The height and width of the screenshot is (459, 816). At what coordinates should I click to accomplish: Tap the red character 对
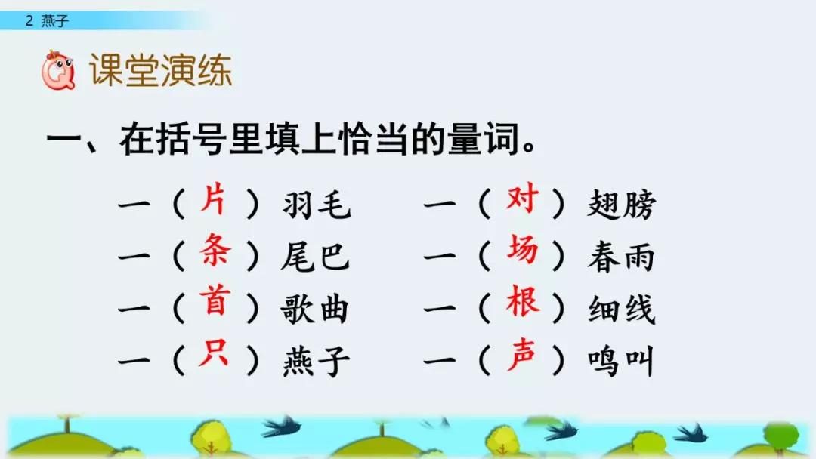click(x=522, y=199)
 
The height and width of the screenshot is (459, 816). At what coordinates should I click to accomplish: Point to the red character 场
click(x=522, y=250)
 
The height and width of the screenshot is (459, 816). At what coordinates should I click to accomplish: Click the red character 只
click(x=215, y=353)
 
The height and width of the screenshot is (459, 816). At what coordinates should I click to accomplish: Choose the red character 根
click(x=522, y=302)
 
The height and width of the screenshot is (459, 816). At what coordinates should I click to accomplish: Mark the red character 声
click(x=522, y=354)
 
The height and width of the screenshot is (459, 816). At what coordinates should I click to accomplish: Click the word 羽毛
click(x=317, y=205)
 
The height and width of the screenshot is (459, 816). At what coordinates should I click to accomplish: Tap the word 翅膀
click(x=622, y=205)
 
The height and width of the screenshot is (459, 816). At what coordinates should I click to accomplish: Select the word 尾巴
click(x=317, y=257)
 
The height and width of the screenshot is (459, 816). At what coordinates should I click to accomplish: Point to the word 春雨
click(x=621, y=257)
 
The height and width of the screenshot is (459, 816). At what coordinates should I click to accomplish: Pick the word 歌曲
click(x=317, y=310)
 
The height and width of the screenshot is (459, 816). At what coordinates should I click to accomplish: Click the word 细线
click(x=621, y=310)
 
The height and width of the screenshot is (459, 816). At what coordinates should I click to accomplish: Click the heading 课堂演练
click(x=160, y=72)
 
